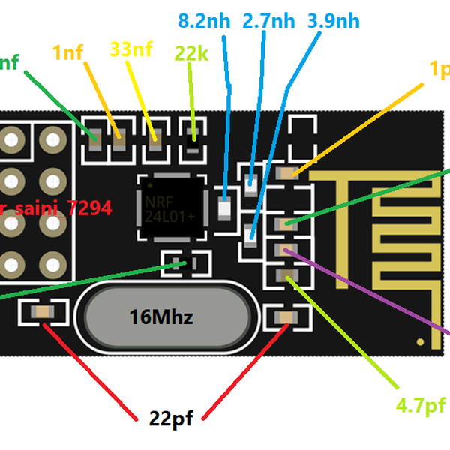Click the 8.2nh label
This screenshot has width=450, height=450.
pos(204,20)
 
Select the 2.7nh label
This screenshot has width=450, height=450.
pos(268,20)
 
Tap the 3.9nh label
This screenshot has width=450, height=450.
pos(333,20)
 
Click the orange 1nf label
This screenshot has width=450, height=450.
pos(67,52)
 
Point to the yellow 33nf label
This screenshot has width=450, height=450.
pos(131,49)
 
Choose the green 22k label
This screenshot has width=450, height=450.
pos(191,53)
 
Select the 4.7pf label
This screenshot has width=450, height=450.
pos(420,406)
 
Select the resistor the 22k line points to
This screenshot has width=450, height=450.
pos(193,136)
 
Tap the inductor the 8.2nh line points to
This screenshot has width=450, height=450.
pos(224,208)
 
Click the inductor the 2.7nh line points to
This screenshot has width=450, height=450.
pos(250,179)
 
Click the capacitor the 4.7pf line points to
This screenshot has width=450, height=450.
pos(286,277)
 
